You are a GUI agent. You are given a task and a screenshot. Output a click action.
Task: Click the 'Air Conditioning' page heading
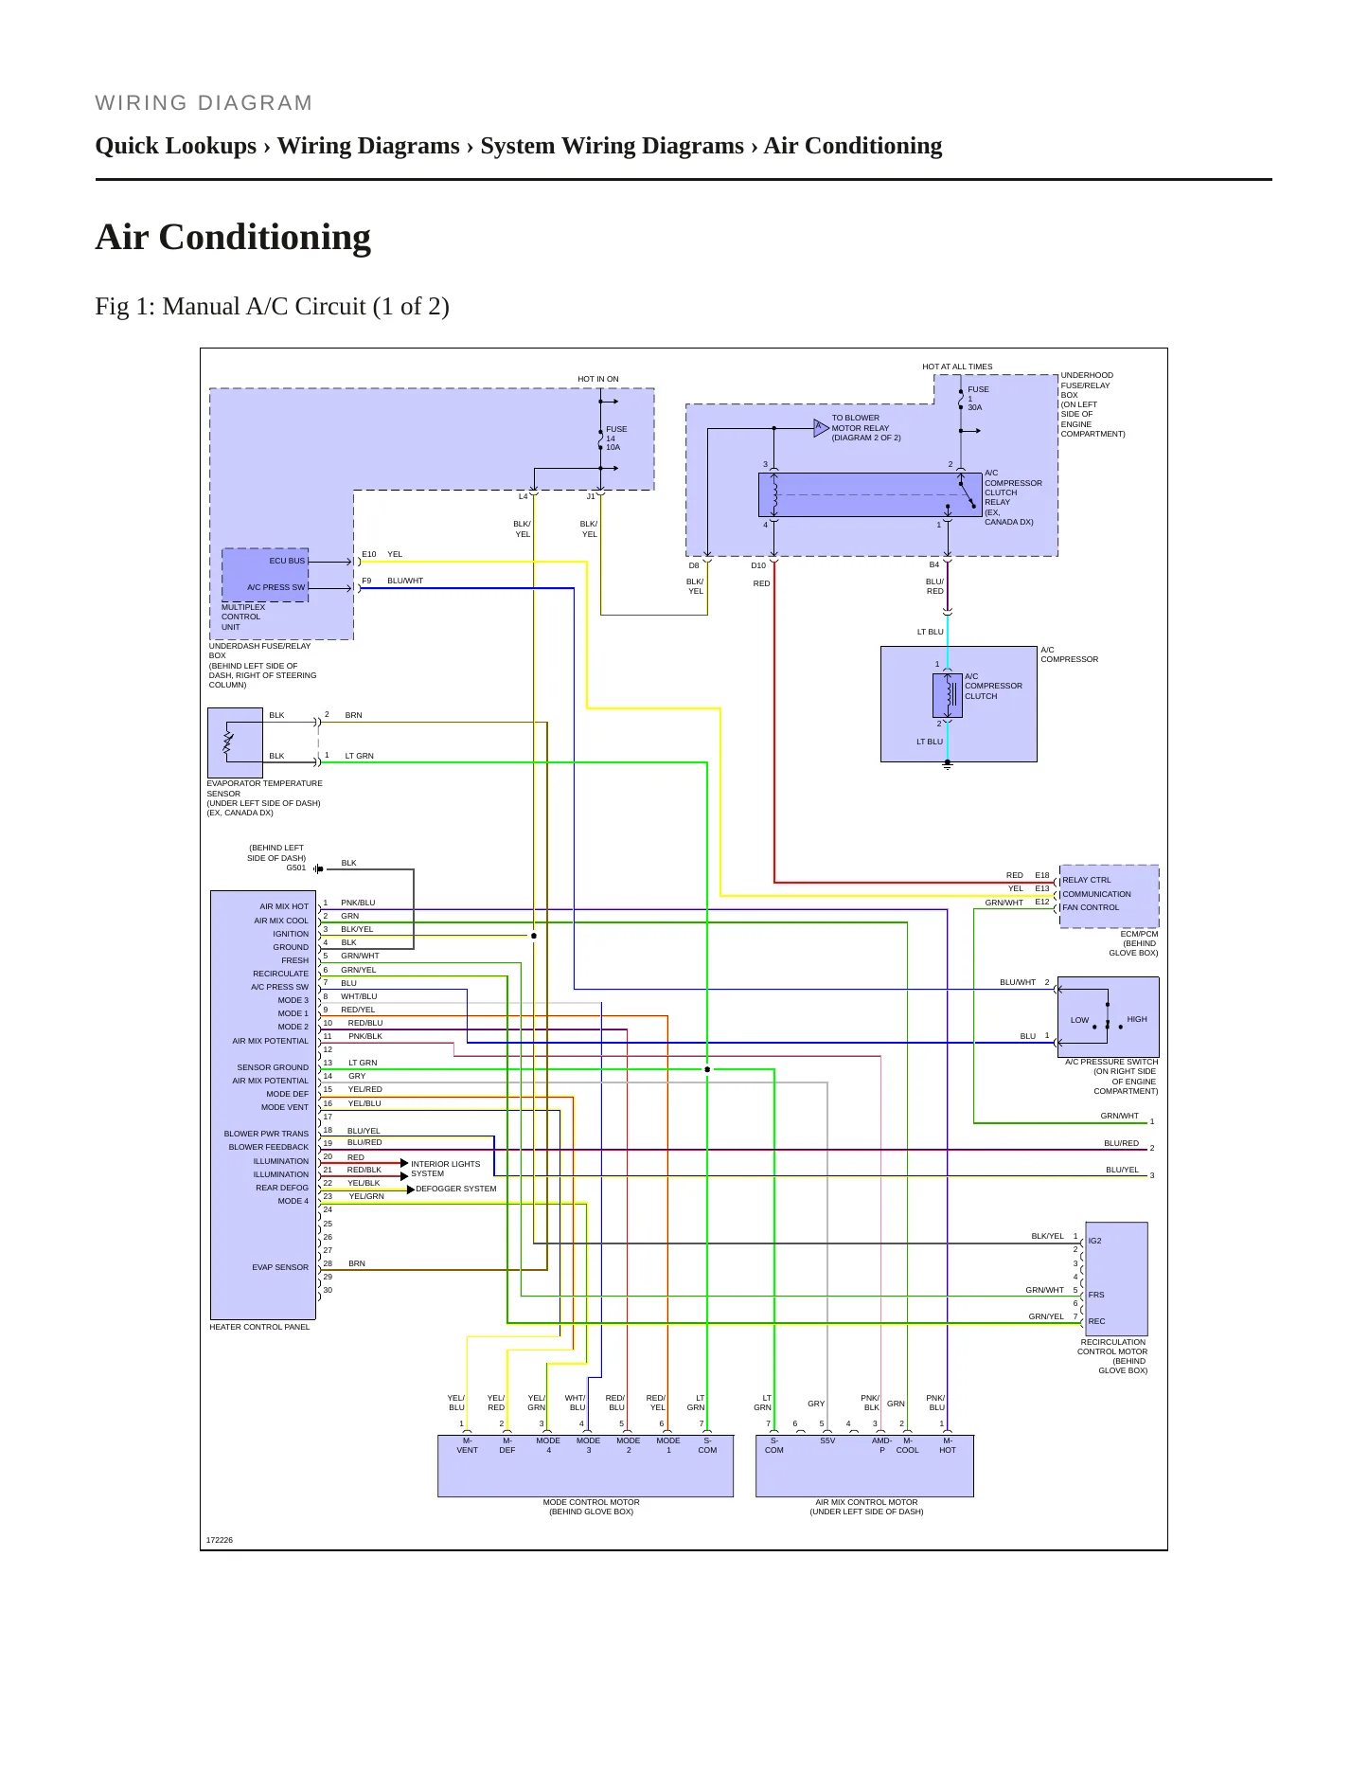(233, 237)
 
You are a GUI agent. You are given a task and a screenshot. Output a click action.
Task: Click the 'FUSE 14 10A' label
(616, 438)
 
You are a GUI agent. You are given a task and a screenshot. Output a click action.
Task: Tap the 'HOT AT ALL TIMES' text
(957, 367)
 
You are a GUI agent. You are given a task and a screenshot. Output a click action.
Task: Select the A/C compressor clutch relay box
(870, 494)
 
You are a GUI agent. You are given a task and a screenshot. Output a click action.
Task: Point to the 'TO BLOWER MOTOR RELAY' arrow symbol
(821, 428)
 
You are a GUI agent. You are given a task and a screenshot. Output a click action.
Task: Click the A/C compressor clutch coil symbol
(948, 696)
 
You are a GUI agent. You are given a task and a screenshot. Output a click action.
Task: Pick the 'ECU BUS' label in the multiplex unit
(287, 561)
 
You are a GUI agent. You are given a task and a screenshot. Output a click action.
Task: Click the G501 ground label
(296, 868)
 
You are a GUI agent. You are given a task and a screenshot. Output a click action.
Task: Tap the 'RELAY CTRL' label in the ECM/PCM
(1087, 880)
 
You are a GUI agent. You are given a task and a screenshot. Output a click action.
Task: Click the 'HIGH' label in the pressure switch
(1137, 1019)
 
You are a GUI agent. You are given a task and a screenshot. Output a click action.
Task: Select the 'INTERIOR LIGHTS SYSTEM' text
(445, 1169)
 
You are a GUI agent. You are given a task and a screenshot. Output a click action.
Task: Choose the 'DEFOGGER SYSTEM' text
(455, 1189)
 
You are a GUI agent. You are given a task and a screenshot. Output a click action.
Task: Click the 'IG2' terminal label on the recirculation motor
(1094, 1241)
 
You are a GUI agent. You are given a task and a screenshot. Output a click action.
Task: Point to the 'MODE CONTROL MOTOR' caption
(591, 1502)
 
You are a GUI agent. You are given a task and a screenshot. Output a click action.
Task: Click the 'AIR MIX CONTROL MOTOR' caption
(866, 1502)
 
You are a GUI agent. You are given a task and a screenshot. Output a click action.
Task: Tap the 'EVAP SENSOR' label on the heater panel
(280, 1267)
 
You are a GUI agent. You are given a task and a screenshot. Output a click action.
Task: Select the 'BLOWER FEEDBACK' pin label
(269, 1147)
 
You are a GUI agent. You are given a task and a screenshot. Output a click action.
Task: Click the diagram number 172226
(220, 1540)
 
